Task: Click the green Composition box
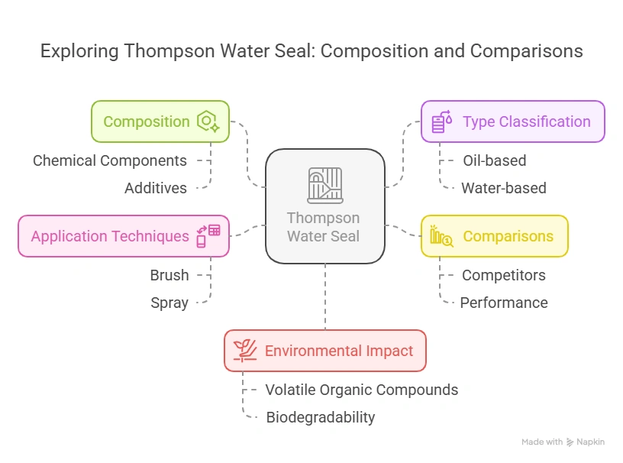click(x=160, y=121)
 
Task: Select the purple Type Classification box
click(x=512, y=121)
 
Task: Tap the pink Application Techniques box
click(x=123, y=236)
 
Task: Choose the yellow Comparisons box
click(x=494, y=236)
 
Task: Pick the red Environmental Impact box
click(x=324, y=351)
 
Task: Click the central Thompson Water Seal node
click(x=324, y=206)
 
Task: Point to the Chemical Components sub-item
click(x=110, y=160)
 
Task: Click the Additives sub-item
click(x=156, y=188)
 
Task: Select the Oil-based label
click(x=494, y=160)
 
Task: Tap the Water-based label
click(x=503, y=188)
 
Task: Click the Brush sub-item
click(x=169, y=275)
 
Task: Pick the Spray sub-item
click(x=169, y=303)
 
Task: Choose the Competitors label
click(x=503, y=275)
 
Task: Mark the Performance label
click(x=503, y=303)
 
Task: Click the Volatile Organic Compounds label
click(x=361, y=390)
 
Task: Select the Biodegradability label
click(x=320, y=417)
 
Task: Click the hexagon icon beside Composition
click(x=207, y=121)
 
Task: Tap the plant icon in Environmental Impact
click(x=245, y=351)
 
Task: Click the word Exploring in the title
click(x=79, y=51)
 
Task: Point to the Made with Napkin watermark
click(x=563, y=442)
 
